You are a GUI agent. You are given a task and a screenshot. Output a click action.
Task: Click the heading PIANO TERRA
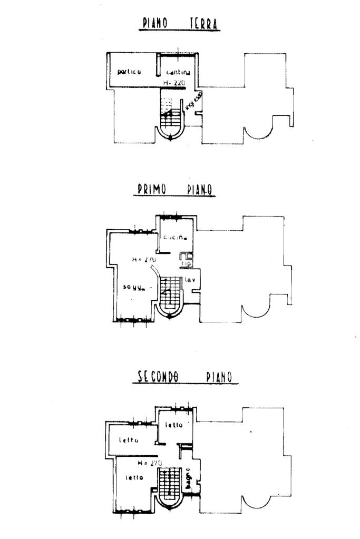(x=181, y=23)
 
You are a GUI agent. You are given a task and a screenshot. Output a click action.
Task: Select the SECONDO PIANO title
(x=185, y=377)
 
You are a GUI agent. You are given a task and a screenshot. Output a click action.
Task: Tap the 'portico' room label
(x=129, y=72)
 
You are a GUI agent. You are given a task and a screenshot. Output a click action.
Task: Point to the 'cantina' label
(x=178, y=73)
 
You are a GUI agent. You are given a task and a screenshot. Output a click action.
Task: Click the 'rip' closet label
(x=186, y=263)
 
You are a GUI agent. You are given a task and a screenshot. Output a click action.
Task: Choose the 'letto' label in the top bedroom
(x=174, y=425)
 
